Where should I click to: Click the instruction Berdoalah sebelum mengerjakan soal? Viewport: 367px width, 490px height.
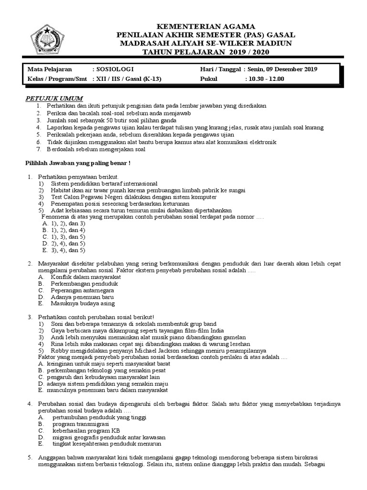[x=96, y=149]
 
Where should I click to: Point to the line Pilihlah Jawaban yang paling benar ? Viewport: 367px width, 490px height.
[x=78, y=163]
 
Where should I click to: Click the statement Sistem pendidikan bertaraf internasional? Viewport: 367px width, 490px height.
[x=104, y=183]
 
